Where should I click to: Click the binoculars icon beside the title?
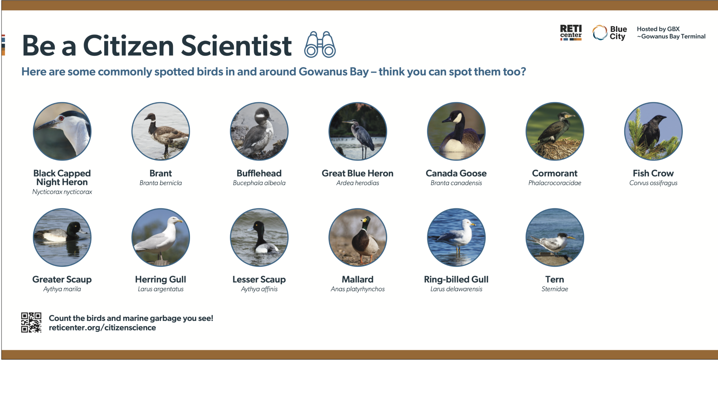(320, 44)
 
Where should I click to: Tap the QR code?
(31, 323)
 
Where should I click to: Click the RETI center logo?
(571, 33)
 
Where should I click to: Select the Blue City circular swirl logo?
(600, 33)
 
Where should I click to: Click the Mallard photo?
(358, 237)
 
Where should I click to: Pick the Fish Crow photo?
(653, 131)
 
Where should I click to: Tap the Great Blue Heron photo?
(358, 131)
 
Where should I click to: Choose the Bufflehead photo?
(259, 131)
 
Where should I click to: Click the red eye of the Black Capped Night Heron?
(61, 118)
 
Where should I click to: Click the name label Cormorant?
(554, 173)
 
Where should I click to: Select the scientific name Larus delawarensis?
(456, 289)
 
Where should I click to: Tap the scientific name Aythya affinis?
(259, 289)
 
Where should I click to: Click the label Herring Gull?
(160, 280)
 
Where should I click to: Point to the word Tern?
(554, 279)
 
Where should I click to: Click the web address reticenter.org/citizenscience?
(102, 328)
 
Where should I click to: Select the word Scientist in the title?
(236, 45)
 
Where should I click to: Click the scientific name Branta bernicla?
(160, 183)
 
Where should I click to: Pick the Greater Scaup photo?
(62, 237)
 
